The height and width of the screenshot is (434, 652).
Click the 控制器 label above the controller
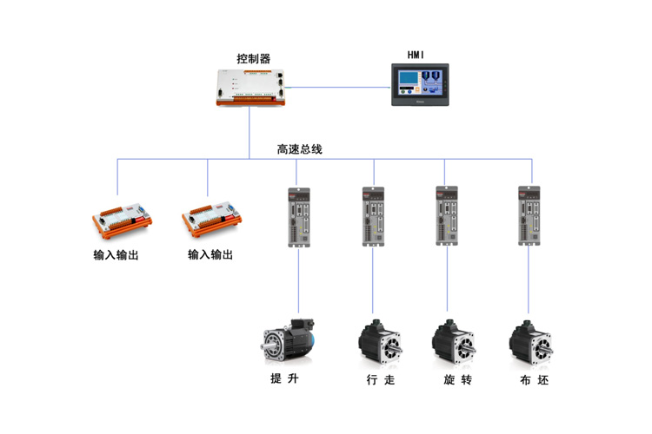(253, 59)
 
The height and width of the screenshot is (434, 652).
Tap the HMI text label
(416, 56)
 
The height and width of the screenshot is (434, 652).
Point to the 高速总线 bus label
(299, 149)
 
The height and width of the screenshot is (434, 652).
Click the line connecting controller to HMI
(339, 87)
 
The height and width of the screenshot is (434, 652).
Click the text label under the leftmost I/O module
(116, 255)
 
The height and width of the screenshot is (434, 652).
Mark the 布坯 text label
(533, 380)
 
